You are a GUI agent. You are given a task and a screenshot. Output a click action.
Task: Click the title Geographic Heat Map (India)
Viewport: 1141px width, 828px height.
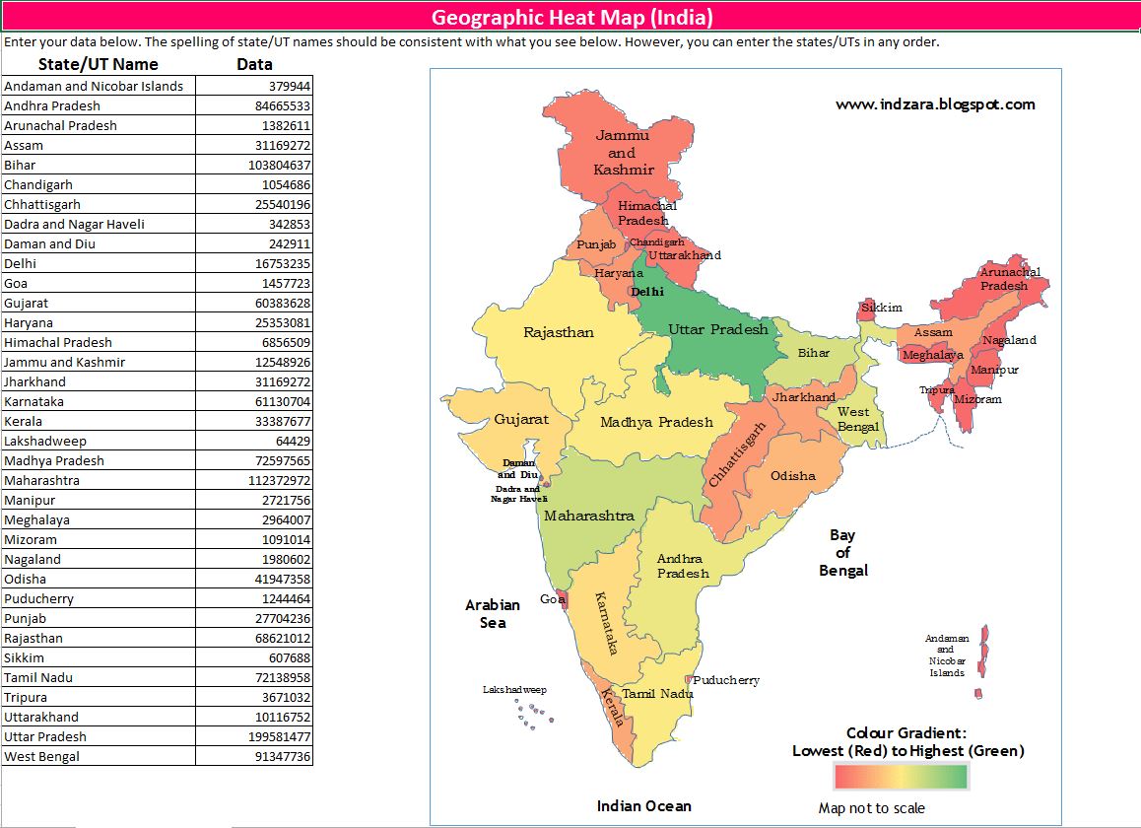[x=571, y=17]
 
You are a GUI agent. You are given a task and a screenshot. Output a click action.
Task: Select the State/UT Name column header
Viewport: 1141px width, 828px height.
[x=98, y=64]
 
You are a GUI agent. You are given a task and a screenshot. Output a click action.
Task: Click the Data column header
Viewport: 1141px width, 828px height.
[x=254, y=64]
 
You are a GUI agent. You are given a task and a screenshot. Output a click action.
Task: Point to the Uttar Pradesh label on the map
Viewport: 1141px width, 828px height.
[x=717, y=329]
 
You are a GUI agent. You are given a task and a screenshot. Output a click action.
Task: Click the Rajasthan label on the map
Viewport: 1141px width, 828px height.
[x=558, y=332]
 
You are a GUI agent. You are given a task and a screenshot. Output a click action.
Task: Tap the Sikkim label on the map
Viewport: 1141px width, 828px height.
[x=882, y=308]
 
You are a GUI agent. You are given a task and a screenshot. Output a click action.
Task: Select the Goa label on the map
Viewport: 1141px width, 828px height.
[x=552, y=599]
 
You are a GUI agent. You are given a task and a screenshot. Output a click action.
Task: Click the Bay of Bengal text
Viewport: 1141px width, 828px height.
[x=842, y=552]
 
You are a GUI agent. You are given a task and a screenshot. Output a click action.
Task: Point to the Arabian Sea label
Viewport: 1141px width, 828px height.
[x=493, y=613]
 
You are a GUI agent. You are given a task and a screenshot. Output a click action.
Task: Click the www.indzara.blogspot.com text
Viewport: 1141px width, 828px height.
[x=935, y=103]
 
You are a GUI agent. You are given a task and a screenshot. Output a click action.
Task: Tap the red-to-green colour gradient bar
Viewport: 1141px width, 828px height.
[x=901, y=777]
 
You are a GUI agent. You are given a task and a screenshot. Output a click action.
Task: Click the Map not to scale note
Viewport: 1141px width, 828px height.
[x=871, y=808]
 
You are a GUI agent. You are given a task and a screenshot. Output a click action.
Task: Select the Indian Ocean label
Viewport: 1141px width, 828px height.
[x=643, y=806]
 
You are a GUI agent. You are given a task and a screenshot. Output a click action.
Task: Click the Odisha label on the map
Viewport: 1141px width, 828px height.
[x=792, y=476]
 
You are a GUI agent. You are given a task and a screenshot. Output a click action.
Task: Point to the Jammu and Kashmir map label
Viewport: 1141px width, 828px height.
[x=623, y=153]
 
